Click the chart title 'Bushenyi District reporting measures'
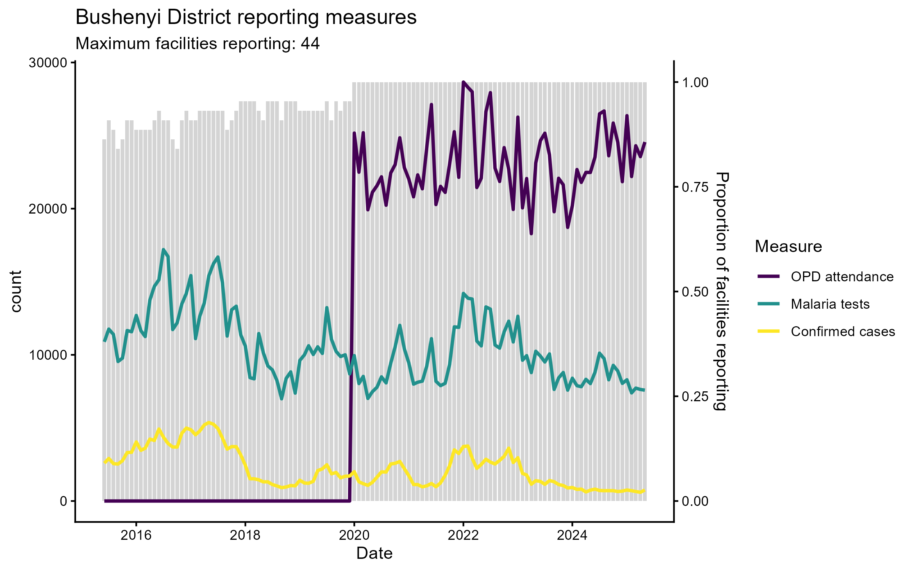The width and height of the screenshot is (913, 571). [x=246, y=18]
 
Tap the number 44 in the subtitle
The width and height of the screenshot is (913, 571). [x=310, y=44]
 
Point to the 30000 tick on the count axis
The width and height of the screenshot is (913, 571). [x=48, y=63]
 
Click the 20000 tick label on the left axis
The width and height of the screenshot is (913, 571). [x=48, y=209]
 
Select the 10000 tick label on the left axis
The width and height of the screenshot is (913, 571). [x=48, y=355]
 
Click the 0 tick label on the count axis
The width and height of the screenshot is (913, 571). [x=64, y=501]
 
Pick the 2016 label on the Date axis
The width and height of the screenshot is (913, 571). [x=136, y=536]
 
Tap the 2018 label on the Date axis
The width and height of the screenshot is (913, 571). [x=245, y=536]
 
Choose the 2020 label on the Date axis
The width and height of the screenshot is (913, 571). [x=354, y=536]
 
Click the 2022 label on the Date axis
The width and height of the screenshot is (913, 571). [x=463, y=536]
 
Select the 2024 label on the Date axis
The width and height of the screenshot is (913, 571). [x=572, y=536]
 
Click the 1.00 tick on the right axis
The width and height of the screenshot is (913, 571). [x=695, y=83]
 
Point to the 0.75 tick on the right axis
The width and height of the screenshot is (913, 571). [x=695, y=187]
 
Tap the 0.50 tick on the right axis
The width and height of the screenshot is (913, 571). [x=695, y=292]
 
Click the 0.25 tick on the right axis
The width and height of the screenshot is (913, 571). [x=695, y=397]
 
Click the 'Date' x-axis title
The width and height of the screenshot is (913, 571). [x=374, y=553]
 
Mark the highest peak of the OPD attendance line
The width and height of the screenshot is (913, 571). [x=463, y=82]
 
